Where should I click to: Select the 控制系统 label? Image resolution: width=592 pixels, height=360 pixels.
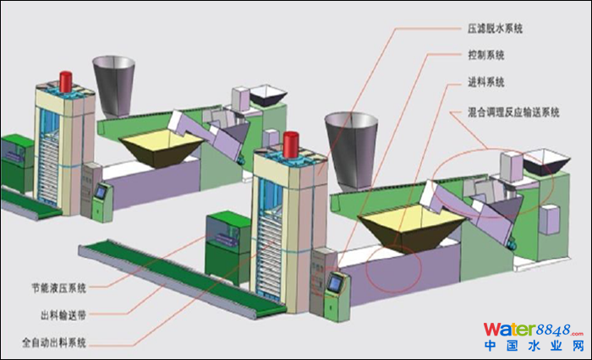[485, 56]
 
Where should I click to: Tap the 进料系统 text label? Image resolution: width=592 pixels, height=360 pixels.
[485, 83]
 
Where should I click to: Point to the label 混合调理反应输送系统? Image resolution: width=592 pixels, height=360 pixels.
[513, 111]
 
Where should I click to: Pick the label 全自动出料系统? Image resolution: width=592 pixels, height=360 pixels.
[63, 342]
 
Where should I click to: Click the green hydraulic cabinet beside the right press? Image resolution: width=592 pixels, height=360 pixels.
[228, 237]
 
